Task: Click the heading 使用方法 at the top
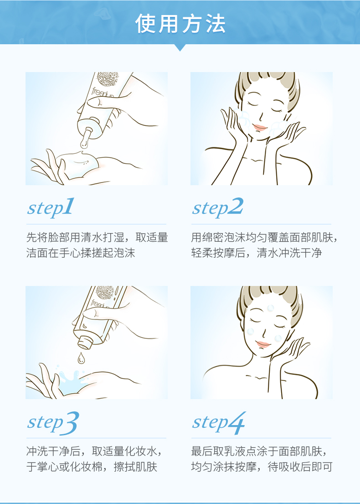click(x=180, y=24)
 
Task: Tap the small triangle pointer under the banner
click(x=180, y=47)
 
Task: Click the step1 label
click(x=51, y=208)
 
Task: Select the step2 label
click(x=217, y=208)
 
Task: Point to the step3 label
click(x=53, y=422)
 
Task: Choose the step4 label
click(x=218, y=422)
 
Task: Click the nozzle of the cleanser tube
click(x=86, y=138)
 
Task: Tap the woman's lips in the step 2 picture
click(x=259, y=127)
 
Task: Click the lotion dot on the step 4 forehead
click(x=271, y=308)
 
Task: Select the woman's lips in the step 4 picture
click(x=263, y=344)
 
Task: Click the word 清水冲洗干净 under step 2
click(x=289, y=253)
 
